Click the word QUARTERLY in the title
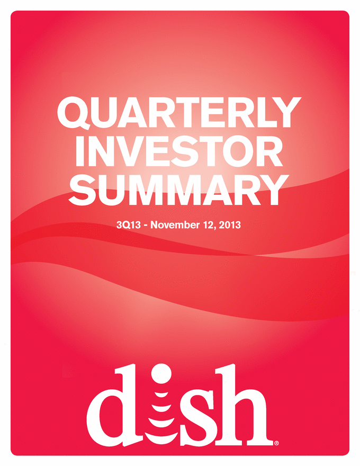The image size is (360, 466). pos(179,113)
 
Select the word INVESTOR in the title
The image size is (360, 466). pos(179,151)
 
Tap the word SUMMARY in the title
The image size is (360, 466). pos(179,190)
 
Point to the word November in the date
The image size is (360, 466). pos(175,225)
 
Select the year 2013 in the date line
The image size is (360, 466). pos(230,225)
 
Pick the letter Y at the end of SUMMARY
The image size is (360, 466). pos(273,190)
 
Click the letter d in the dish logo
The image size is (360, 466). pos(109,406)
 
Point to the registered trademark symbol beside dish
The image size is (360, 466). pos(276,443)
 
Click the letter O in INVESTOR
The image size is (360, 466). pos(237,151)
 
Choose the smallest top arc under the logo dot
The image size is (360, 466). pos(161,395)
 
